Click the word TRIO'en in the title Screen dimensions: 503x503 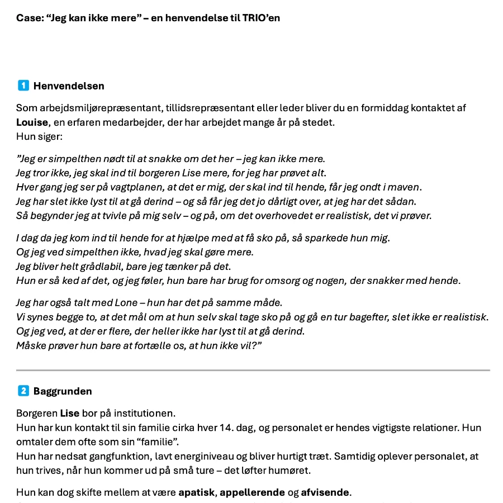point(262,18)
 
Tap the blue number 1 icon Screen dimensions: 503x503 point(23,86)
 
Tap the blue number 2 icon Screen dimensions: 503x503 point(23,391)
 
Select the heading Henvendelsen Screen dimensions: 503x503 point(69,86)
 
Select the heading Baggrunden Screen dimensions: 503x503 point(63,391)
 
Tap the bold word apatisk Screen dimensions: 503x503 point(197,492)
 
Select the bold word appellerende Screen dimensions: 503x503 point(256,492)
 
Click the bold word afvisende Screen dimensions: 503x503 point(326,492)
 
